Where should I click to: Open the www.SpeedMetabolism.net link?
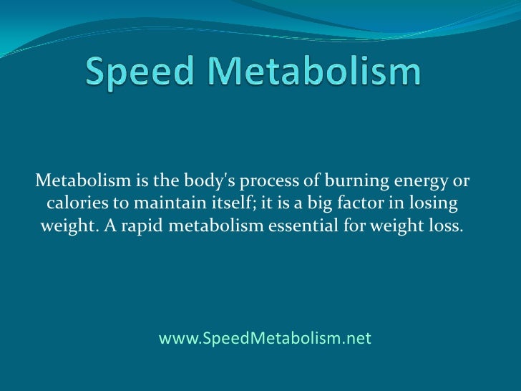265,338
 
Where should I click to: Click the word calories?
75,203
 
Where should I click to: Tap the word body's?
193,179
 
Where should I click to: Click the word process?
258,180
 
